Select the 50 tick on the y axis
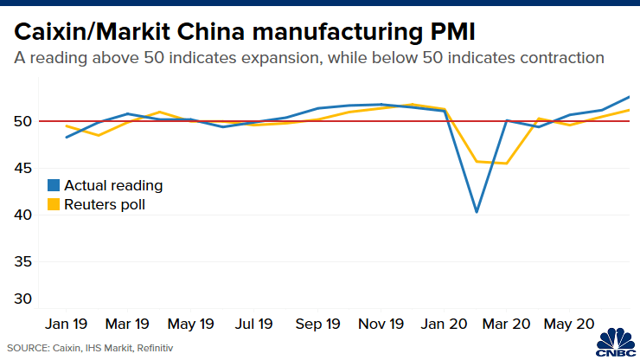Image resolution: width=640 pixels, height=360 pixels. point(23,121)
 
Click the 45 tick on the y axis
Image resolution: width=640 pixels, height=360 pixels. point(23,168)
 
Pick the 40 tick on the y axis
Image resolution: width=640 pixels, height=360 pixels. point(23,215)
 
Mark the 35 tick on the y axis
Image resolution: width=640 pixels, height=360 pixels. point(23,261)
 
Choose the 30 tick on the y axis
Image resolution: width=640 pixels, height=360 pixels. point(23,299)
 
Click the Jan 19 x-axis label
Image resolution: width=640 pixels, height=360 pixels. point(66,324)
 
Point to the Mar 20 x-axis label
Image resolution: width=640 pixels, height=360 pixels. point(506,324)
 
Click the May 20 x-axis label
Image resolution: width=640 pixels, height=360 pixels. point(569,324)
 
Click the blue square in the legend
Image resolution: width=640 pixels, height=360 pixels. point(54,185)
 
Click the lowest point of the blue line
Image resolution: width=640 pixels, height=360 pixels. point(476,212)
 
